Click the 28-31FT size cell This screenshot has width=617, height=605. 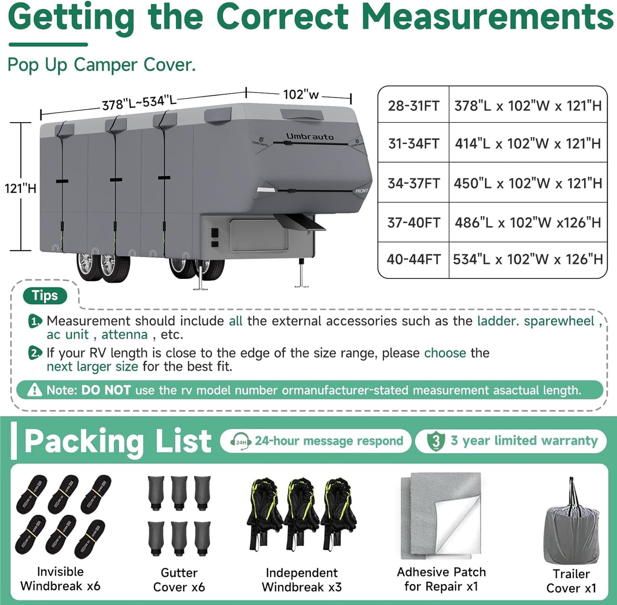click(x=413, y=105)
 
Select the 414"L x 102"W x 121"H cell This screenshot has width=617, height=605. click(x=528, y=143)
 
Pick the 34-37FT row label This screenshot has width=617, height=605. click(x=413, y=183)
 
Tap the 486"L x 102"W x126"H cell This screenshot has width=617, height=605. click(x=528, y=222)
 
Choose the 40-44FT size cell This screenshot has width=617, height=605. click(x=413, y=259)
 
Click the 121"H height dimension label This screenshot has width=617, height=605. click(x=20, y=188)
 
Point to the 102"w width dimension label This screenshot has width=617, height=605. click(x=301, y=94)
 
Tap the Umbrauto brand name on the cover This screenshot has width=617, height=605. click(x=310, y=137)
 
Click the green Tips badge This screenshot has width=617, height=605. click(x=45, y=295)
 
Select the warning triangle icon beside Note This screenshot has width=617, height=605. click(x=34, y=390)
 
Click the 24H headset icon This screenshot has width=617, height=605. click(x=240, y=441)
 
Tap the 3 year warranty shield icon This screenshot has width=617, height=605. click(x=436, y=441)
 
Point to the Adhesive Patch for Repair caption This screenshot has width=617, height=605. click(x=441, y=579)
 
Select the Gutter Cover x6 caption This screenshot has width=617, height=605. click(x=179, y=580)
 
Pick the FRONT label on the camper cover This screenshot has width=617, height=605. click(x=361, y=191)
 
